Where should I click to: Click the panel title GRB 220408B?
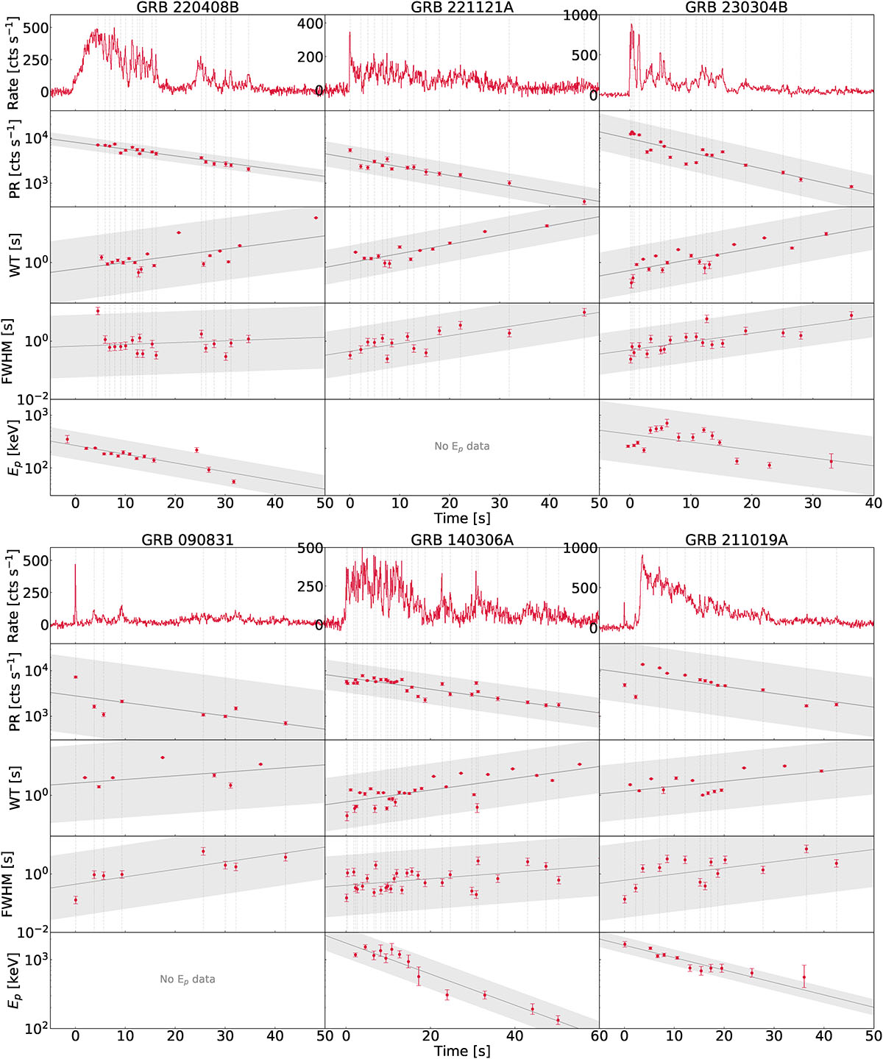tap(188, 8)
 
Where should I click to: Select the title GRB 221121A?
tap(462, 8)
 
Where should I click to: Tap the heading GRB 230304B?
tap(737, 8)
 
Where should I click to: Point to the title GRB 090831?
tap(188, 541)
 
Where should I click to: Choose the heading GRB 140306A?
tap(462, 541)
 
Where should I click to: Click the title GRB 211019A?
tap(737, 541)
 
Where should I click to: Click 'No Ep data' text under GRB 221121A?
tap(462, 446)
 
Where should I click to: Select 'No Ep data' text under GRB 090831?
tap(188, 980)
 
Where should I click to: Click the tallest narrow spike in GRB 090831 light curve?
tap(75, 566)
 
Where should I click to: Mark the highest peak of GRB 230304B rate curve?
tap(631, 25)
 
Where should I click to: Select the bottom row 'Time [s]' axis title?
tap(462, 1051)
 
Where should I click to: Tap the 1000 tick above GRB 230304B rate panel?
tap(581, 15)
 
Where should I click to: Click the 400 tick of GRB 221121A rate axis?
tap(310, 24)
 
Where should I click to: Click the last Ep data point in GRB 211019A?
tap(804, 977)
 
